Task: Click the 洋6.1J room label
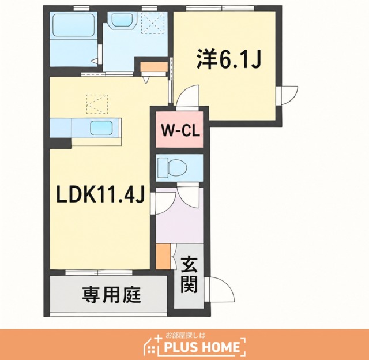229,58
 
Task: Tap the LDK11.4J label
100,194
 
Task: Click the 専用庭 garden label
111,295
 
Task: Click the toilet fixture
172,168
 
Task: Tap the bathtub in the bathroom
73,25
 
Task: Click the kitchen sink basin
101,127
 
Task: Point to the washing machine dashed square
153,23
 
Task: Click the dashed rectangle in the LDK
97,104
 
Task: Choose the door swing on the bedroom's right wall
290,95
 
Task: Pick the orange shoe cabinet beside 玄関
163,256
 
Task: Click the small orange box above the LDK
154,66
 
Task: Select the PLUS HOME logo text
202,347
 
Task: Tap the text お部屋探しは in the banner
186,335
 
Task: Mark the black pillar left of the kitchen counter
61,143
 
